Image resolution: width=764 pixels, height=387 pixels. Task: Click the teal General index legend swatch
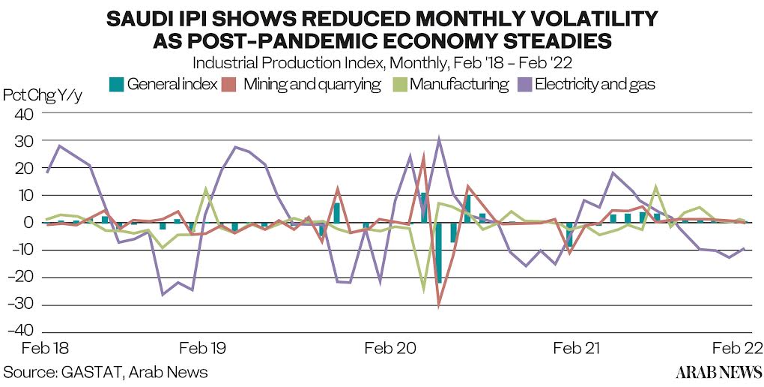point(116,84)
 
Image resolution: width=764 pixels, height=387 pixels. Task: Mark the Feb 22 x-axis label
point(738,349)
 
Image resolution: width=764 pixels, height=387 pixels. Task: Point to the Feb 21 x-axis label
point(577,349)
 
